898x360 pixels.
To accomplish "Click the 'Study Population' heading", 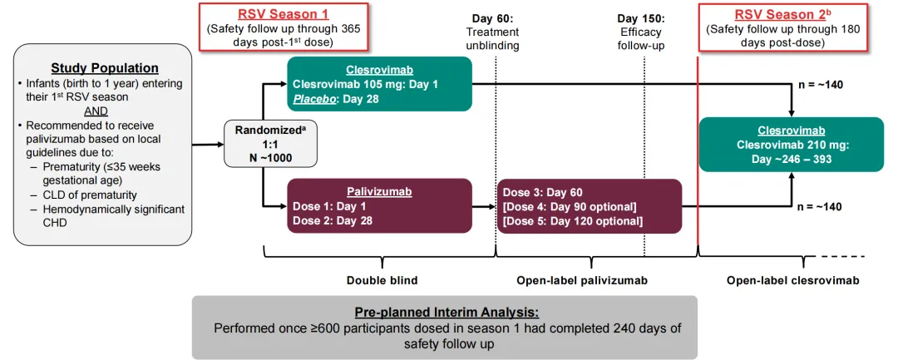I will click(105, 68).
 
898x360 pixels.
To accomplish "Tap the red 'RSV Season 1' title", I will click(284, 13).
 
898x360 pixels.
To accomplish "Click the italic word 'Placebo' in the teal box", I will click(313, 98).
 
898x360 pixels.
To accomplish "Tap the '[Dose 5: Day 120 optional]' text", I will click(572, 221).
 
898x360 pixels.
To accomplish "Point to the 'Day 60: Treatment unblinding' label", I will click(494, 32).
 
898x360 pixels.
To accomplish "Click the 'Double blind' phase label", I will click(382, 280).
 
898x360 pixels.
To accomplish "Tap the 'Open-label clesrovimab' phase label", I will click(792, 280).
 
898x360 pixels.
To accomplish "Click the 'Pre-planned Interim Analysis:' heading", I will click(447, 313).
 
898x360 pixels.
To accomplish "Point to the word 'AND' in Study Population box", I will click(96, 110).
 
